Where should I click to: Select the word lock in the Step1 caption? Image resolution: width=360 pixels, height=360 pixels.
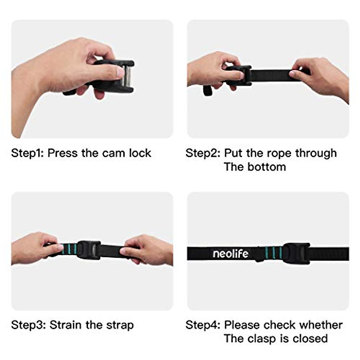tap(140, 153)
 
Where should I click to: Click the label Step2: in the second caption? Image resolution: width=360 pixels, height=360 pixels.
tap(203, 153)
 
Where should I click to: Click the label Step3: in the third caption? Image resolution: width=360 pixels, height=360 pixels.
tap(28, 325)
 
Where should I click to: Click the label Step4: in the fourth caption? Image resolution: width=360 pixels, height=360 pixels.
tap(203, 325)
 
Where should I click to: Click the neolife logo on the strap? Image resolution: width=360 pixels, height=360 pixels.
tap(230, 254)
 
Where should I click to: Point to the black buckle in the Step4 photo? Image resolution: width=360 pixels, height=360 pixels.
tap(295, 253)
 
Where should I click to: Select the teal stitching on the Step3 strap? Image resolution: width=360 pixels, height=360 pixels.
tap(69, 249)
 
